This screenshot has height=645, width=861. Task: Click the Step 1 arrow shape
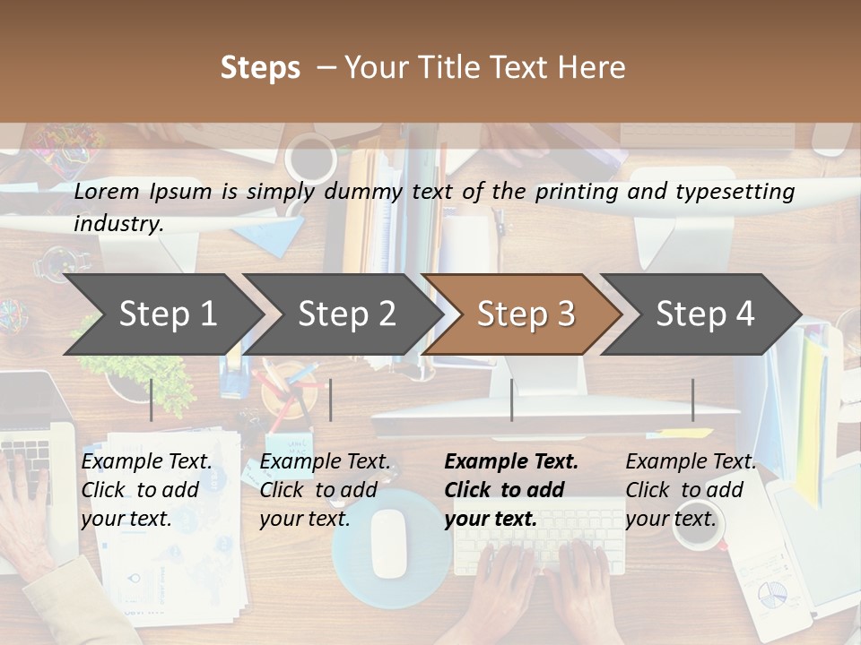click(x=166, y=314)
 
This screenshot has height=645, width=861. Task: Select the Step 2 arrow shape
click(x=345, y=314)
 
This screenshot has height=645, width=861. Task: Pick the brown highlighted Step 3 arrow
click(x=525, y=314)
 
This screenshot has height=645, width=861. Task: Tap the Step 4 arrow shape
click(x=704, y=314)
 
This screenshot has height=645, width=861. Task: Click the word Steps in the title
click(x=260, y=68)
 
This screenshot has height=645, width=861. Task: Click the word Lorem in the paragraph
click(x=107, y=191)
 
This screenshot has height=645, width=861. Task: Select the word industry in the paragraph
click(x=117, y=224)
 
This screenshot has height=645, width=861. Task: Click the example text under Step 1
click(x=146, y=490)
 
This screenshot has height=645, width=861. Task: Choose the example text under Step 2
click(x=325, y=490)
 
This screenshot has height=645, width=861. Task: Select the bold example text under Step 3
click(x=511, y=490)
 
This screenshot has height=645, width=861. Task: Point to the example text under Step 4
click(x=691, y=490)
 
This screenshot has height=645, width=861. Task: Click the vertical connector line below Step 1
click(x=152, y=400)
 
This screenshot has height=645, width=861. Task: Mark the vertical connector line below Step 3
click(x=511, y=400)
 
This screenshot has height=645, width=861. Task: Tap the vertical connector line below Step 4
click(x=692, y=400)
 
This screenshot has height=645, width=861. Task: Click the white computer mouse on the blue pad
click(x=389, y=543)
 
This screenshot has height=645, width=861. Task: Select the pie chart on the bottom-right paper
click(x=771, y=593)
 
